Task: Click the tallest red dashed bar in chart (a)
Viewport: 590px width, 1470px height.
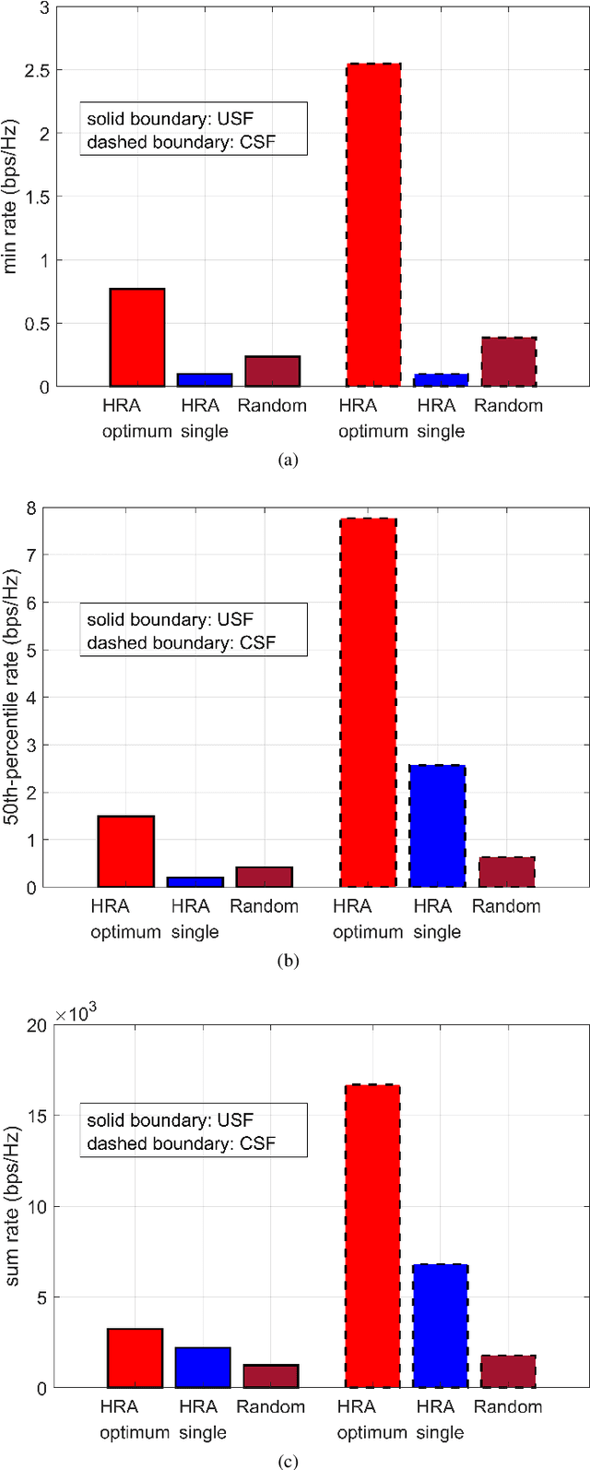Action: pyautogui.click(x=373, y=225)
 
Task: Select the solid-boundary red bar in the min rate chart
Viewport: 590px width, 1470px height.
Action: pyautogui.click(x=136, y=338)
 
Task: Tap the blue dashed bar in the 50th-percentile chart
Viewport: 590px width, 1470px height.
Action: pyautogui.click(x=437, y=826)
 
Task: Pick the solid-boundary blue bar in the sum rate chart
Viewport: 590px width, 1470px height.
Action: pyautogui.click(x=204, y=1368)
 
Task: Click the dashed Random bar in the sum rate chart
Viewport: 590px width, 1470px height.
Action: pyautogui.click(x=508, y=1371)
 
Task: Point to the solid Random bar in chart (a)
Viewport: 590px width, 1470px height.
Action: pyautogui.click(x=272, y=371)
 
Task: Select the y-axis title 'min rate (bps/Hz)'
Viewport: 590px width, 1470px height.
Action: pyautogui.click(x=13, y=197)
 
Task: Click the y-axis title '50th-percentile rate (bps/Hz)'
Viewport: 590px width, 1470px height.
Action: pyautogui.click(x=13, y=697)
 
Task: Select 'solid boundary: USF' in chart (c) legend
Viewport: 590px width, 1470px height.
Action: pyautogui.click(x=170, y=1120)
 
